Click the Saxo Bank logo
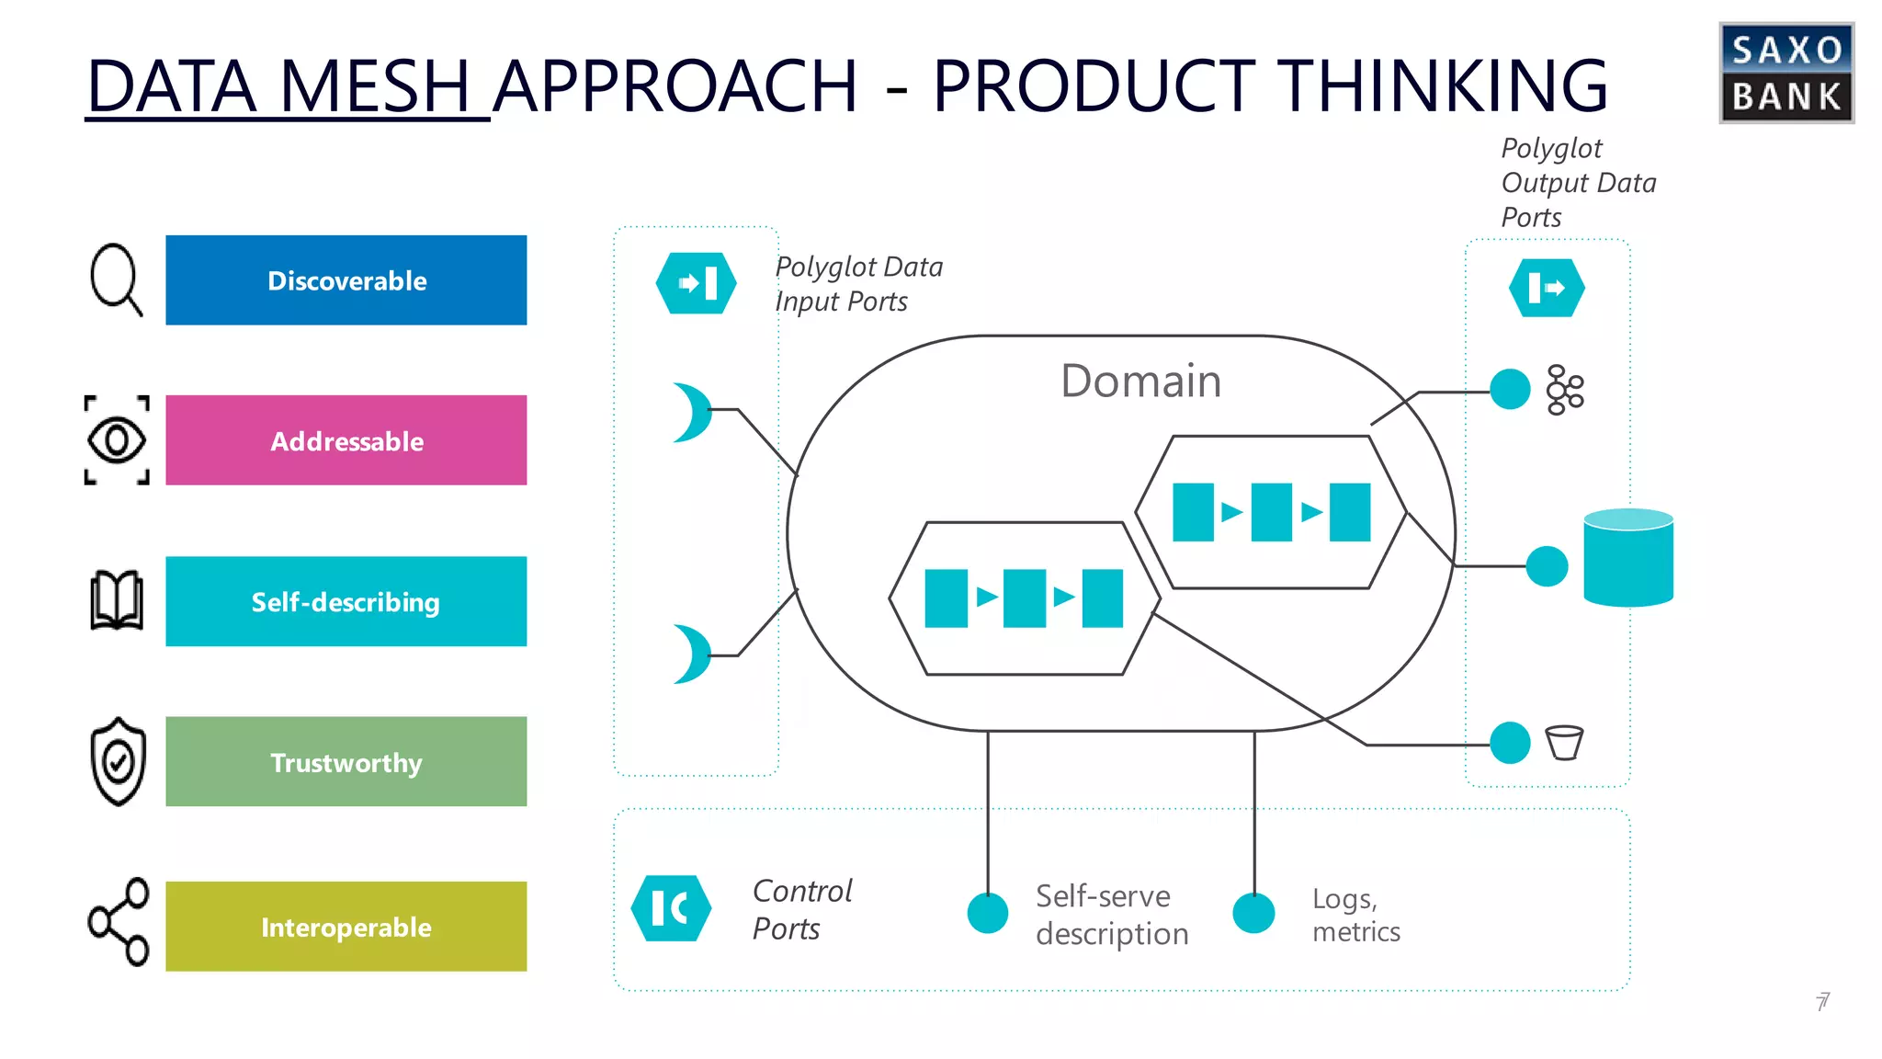click(1786, 74)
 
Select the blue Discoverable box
click(346, 280)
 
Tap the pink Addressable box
click(346, 440)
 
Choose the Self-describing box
click(346, 601)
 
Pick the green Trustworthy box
click(346, 761)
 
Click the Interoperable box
click(346, 926)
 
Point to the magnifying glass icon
click(116, 279)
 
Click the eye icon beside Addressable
click(117, 440)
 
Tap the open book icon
click(117, 600)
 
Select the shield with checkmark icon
click(118, 761)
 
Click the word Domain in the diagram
click(1140, 381)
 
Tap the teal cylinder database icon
click(1627, 558)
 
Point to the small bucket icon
click(1564, 743)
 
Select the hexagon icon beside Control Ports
click(671, 908)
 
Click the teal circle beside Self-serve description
click(988, 913)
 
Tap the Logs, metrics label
click(1355, 915)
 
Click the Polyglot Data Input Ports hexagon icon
click(696, 283)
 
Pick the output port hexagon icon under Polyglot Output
click(1547, 289)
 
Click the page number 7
click(1822, 1001)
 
